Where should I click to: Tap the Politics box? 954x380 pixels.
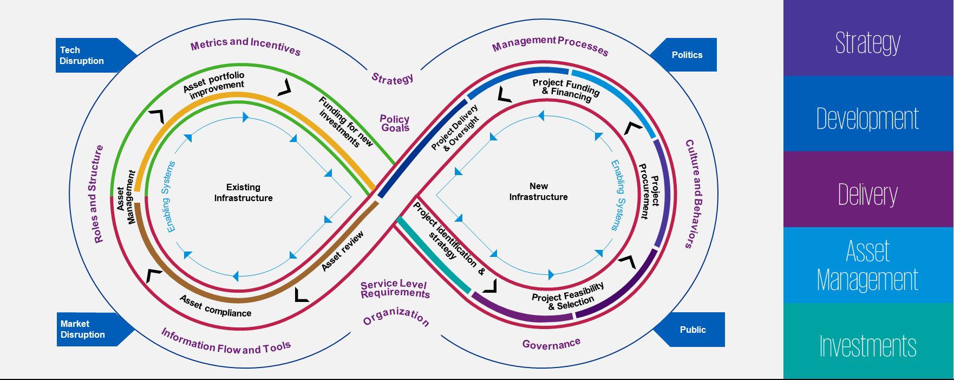[687, 55]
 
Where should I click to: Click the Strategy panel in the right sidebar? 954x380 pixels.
[867, 42]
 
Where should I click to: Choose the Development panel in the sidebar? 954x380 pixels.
[867, 118]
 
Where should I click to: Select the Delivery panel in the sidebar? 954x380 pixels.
[867, 194]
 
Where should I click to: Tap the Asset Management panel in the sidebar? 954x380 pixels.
[867, 266]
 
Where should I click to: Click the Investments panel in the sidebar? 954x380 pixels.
[867, 346]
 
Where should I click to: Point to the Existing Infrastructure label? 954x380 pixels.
[243, 192]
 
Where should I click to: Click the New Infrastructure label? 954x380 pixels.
[538, 191]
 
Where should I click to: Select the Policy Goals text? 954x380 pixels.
[395, 123]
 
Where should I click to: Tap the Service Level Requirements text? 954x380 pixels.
[395, 289]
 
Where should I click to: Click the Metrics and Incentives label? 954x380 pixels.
[245, 46]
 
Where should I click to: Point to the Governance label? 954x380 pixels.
[551, 344]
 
